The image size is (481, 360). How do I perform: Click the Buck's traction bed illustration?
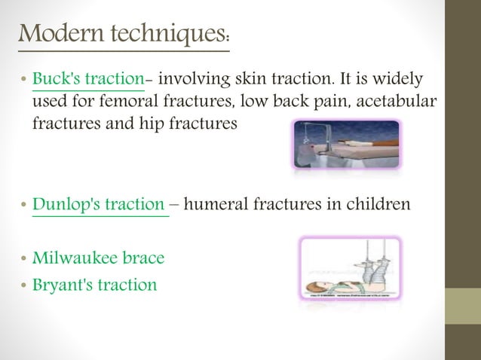point(345,145)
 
